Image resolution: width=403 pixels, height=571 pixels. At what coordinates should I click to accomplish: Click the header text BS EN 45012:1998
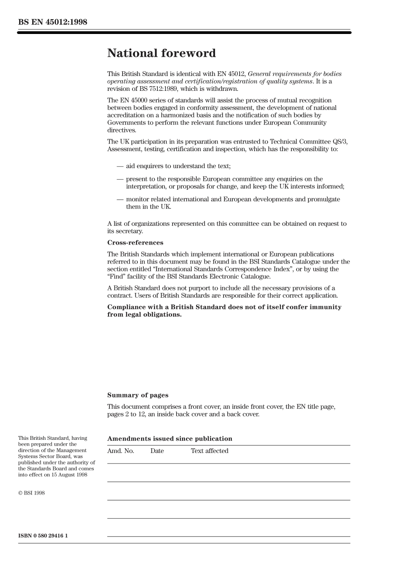pos(53,22)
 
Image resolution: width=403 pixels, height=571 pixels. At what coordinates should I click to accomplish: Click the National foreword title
pos(161,53)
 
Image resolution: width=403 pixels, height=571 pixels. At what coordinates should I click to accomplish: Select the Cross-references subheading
pos(135,243)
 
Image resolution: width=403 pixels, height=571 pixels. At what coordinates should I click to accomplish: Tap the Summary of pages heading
pos(137,395)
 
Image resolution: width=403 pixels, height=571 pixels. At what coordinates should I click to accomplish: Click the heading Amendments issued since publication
pos(170,439)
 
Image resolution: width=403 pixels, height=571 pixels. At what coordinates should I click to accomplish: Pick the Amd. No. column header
pos(120,451)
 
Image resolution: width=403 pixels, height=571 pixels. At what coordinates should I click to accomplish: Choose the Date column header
pos(157,451)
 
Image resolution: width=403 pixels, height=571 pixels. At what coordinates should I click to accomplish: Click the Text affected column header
pos(209,451)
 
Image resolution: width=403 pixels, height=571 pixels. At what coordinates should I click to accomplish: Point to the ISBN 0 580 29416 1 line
pos(43,536)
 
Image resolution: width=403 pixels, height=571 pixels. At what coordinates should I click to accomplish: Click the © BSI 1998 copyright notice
pos(31,493)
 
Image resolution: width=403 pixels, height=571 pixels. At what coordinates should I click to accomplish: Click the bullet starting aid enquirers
pos(178,166)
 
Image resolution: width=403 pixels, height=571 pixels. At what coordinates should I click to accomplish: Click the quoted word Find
pos(116,277)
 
